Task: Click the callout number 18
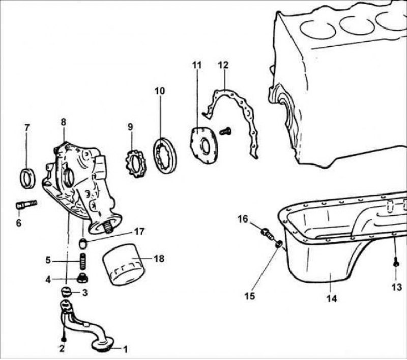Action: (x=159, y=259)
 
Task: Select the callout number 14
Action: (x=331, y=299)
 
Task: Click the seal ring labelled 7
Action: (x=27, y=176)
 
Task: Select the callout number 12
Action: (x=223, y=65)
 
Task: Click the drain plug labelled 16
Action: (x=267, y=234)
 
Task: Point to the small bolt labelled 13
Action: (x=396, y=263)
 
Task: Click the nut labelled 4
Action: (x=82, y=278)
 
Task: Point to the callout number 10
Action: (x=160, y=91)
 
